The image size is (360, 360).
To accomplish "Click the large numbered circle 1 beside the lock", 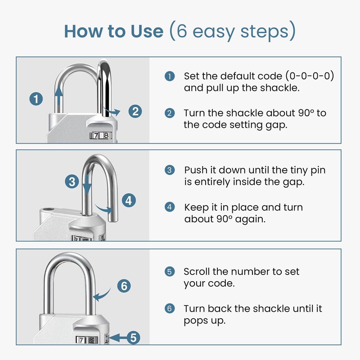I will pos(36,99).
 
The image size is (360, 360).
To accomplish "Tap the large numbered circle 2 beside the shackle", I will pos(135,111).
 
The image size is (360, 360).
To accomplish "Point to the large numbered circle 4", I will pos(129,200).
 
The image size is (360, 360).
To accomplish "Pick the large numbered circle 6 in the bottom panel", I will pos(124,286).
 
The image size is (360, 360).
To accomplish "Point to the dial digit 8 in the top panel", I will pos(106,135).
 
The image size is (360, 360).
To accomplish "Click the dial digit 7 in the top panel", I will pos(96,135).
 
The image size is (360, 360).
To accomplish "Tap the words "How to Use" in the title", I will pos(113,31).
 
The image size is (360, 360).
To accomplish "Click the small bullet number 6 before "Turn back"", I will pos(169,309).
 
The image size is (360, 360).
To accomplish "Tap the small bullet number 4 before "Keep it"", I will pos(169,207).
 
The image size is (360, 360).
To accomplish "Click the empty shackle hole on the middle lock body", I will pos(49,210).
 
